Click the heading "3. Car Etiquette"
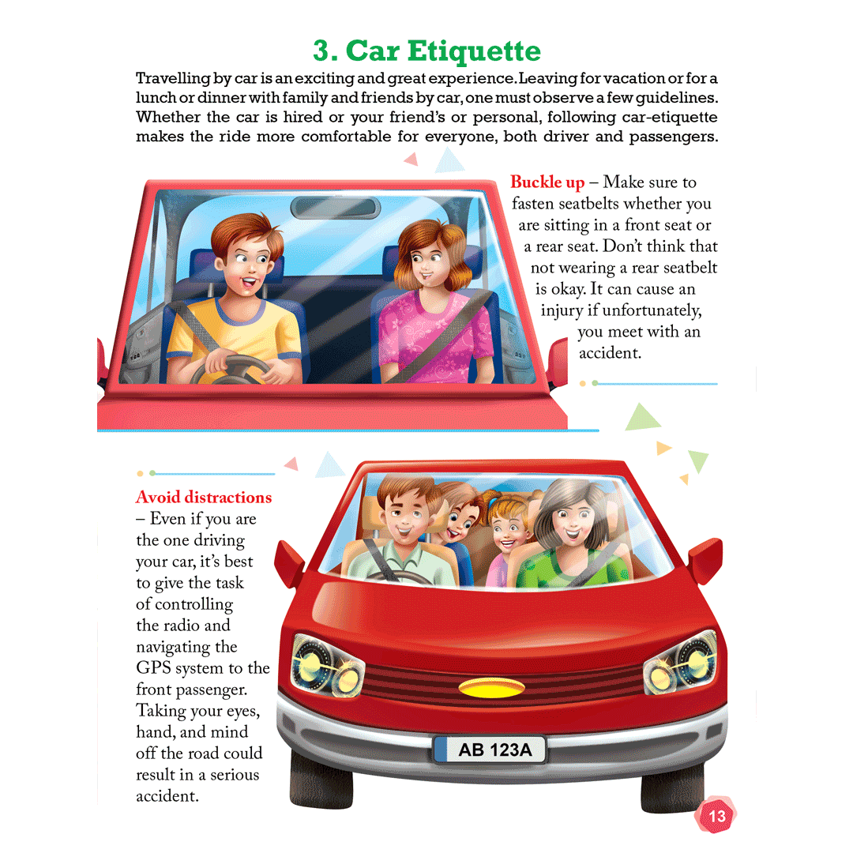tap(426, 51)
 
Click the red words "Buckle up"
tap(547, 182)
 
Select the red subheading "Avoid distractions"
tap(204, 498)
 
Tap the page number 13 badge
tap(716, 815)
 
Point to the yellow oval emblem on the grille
tap(492, 688)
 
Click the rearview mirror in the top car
tap(336, 208)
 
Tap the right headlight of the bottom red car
tap(680, 662)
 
